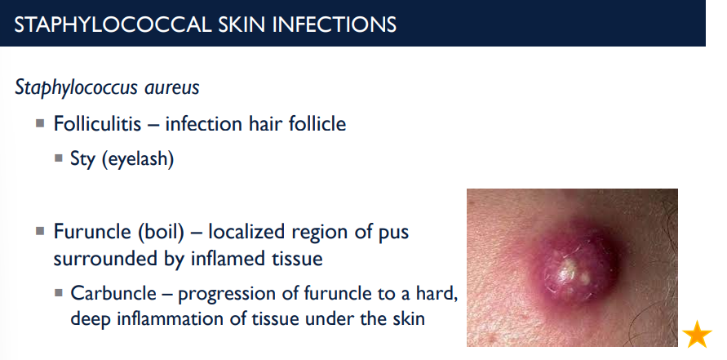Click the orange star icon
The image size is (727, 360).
click(698, 334)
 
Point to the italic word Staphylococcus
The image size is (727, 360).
click(73, 87)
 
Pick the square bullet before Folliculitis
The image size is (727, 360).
click(40, 123)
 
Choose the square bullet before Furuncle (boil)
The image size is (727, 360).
click(40, 231)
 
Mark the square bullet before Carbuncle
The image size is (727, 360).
click(59, 292)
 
